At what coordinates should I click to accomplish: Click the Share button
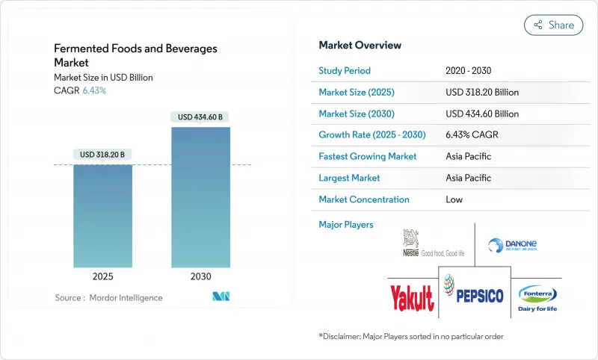(x=554, y=25)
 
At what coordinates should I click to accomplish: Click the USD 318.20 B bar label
(x=102, y=155)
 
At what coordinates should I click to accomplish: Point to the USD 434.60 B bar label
(x=200, y=117)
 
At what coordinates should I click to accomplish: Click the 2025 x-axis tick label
(x=102, y=276)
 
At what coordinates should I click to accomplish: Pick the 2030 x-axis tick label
(x=200, y=276)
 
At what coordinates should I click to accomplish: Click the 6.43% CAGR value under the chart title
(x=93, y=90)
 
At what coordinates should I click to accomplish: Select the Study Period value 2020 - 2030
(x=472, y=71)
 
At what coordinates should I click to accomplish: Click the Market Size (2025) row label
(x=356, y=93)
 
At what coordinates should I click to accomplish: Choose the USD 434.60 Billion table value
(x=482, y=114)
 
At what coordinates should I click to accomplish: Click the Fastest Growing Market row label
(x=368, y=157)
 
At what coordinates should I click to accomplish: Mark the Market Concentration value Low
(x=454, y=199)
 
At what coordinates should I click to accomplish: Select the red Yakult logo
(x=411, y=298)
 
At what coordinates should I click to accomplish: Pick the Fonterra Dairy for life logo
(x=537, y=298)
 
